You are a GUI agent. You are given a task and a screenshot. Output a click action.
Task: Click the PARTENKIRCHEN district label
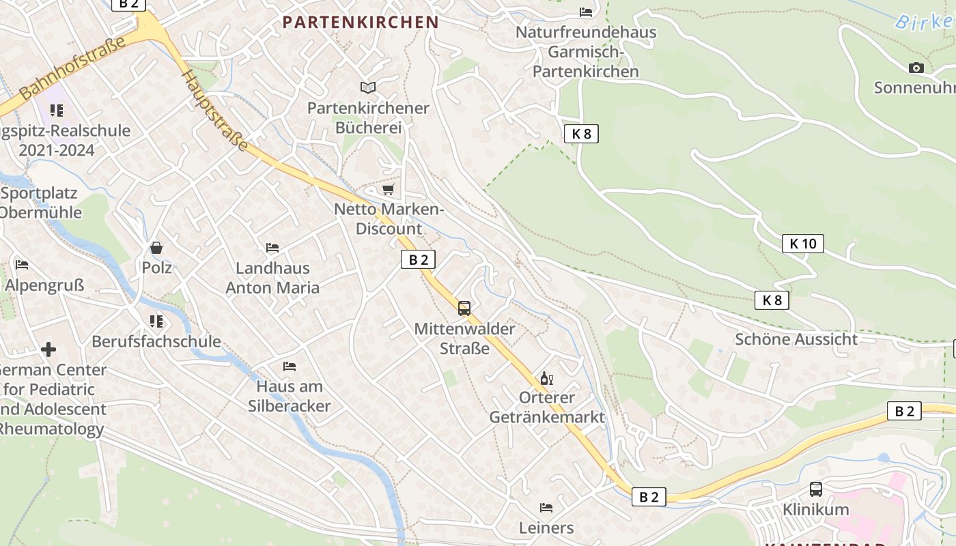pos(360,22)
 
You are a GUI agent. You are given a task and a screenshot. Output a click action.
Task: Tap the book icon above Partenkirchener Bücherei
pos(368,87)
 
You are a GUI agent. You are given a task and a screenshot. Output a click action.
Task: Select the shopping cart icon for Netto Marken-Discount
pos(389,189)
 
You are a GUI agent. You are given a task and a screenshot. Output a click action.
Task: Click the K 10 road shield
pos(803,243)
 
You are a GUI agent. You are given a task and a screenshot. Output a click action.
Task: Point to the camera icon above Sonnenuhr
pos(916,68)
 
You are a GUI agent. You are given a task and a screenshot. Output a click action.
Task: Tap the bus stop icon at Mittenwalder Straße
pos(464,308)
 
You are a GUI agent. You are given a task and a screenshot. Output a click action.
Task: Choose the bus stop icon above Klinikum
pos(816,489)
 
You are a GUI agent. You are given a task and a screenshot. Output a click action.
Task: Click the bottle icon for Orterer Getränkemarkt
pos(546,378)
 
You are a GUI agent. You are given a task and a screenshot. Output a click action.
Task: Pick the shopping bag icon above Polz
pos(156,248)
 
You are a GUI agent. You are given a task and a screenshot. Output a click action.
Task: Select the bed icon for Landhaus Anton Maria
pos(272,247)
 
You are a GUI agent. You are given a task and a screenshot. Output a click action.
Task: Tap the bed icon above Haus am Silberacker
pos(290,366)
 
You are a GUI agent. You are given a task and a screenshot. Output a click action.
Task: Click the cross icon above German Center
pos(48,349)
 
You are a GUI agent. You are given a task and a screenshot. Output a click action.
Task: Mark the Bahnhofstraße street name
pos(72,68)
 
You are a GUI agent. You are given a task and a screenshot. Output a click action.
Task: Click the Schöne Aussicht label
pos(796,339)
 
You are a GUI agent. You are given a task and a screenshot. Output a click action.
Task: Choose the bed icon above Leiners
pos(546,507)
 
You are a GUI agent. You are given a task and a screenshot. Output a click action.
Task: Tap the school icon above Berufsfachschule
pos(156,321)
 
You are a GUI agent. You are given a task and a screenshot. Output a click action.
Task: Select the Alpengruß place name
pos(44,285)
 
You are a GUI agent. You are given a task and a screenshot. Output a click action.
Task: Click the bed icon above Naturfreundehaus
pos(586,12)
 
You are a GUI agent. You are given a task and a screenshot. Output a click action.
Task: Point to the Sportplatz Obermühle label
pos(41,202)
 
